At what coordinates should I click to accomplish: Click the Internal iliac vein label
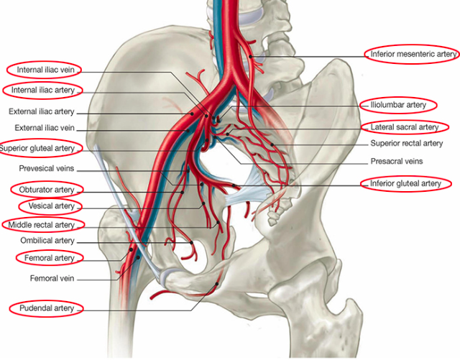[x=44, y=70]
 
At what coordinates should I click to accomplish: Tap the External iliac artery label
[x=42, y=112]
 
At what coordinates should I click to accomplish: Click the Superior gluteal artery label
[x=38, y=149]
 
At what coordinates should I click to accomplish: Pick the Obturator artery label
[x=47, y=190]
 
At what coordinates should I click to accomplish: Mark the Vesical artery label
[x=51, y=206]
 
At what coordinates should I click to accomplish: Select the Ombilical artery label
[x=47, y=241]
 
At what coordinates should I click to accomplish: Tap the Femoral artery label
[x=48, y=257]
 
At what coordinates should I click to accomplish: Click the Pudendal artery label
[x=47, y=308]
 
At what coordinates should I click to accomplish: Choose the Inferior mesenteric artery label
[x=413, y=54]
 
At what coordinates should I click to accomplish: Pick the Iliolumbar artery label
[x=398, y=105]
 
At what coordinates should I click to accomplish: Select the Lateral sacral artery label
[x=404, y=127]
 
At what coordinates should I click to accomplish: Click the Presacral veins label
[x=397, y=161]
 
